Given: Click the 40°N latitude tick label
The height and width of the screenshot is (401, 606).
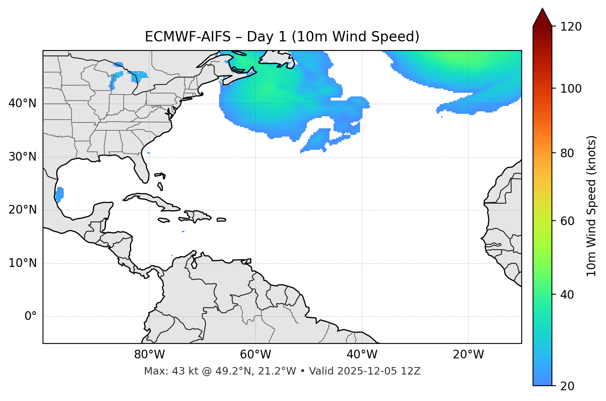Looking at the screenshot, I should (22, 103).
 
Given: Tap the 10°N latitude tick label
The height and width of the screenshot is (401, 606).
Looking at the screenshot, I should (22, 263).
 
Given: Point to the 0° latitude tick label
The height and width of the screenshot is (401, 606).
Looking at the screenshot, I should (31, 317).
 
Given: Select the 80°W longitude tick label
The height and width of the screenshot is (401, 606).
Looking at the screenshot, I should (149, 355).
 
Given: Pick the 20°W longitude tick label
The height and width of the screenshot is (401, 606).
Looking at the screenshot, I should (468, 355).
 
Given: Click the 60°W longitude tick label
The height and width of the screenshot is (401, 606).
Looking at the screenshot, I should (255, 355).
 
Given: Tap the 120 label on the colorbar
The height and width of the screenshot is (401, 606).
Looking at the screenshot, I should (571, 27).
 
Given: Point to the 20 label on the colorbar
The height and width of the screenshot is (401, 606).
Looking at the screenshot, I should (568, 386).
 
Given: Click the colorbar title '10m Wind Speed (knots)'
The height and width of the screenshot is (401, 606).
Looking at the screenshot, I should (592, 206).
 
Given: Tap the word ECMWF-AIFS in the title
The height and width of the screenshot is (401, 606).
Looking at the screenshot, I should (188, 37).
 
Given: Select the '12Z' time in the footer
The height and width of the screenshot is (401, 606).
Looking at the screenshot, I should (411, 371).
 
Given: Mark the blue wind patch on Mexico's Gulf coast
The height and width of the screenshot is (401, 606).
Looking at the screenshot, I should (60, 194).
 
